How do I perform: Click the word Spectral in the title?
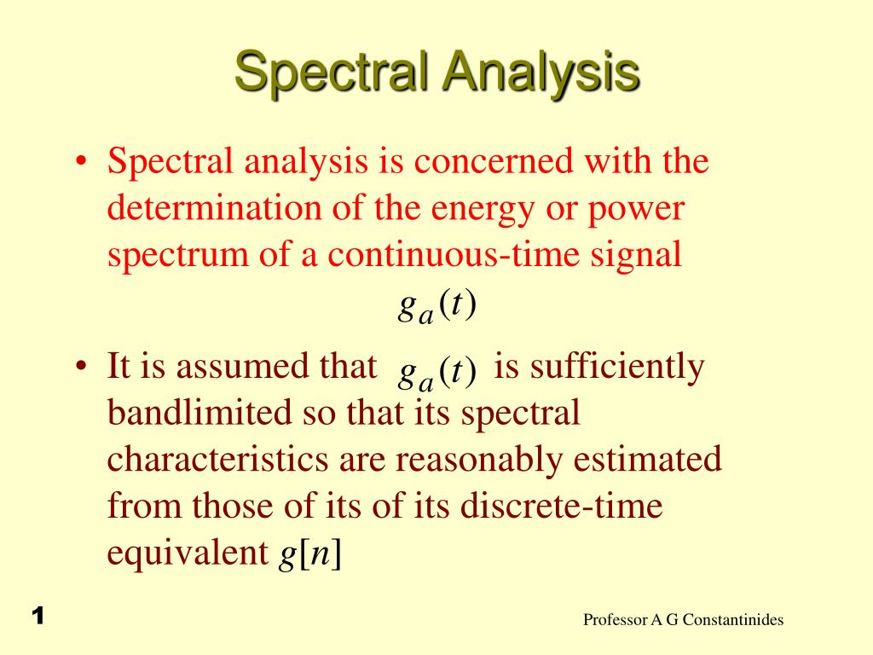[332, 72]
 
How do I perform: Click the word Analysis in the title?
[541, 72]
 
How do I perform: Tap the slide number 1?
[38, 616]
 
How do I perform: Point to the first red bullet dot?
[81, 161]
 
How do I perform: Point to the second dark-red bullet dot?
[81, 367]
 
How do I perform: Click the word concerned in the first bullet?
[494, 161]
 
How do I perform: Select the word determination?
[214, 208]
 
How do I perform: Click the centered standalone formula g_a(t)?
[437, 307]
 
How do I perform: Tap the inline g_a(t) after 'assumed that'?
[437, 372]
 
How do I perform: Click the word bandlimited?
[199, 413]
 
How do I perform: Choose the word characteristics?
[217, 460]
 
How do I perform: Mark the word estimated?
[648, 460]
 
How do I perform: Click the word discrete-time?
[561, 506]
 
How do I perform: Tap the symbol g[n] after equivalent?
[309, 554]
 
